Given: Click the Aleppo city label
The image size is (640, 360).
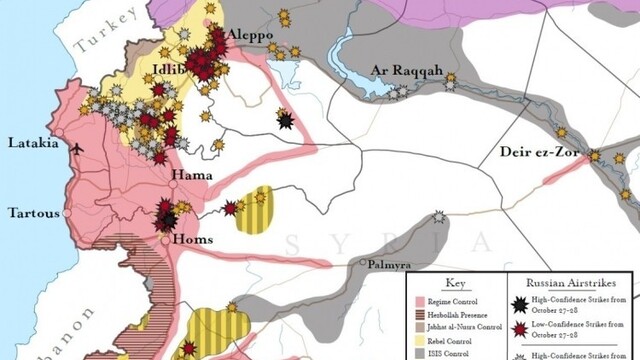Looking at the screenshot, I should (250, 35).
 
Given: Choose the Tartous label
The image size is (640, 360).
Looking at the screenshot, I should (34, 213).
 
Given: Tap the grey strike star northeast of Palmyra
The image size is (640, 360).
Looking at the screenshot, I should (439, 217).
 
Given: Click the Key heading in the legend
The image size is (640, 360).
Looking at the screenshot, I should (456, 283).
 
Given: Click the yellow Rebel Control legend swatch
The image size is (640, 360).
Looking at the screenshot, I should (423, 339).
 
